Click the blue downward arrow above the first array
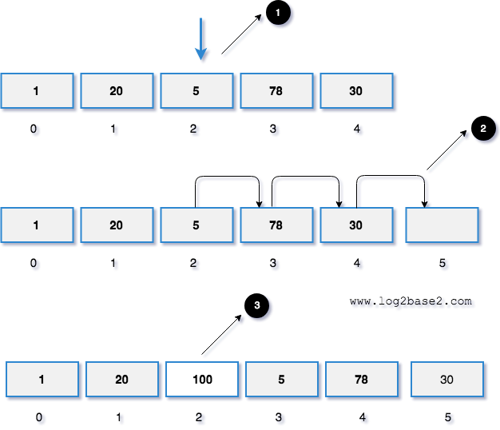click(201, 40)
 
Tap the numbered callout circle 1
click(278, 14)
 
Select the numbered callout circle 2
click(483, 129)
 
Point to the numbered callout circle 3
click(257, 305)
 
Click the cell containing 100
click(202, 380)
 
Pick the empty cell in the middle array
click(442, 225)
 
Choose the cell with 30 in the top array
click(356, 91)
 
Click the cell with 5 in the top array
click(196, 91)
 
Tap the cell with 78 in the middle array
click(276, 225)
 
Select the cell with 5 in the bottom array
click(282, 380)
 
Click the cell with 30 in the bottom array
click(446, 380)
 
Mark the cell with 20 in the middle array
click(117, 225)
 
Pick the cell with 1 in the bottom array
click(42, 380)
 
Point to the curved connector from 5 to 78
click(229, 179)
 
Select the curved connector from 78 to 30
click(308, 179)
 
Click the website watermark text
click(413, 303)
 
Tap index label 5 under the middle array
click(444, 265)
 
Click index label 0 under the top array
click(36, 130)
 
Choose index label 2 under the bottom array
click(201, 418)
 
